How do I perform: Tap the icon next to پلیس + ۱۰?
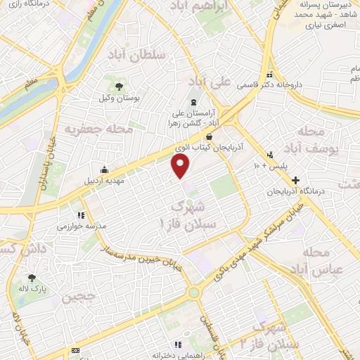tap(270, 155)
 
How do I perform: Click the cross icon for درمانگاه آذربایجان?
tap(295, 181)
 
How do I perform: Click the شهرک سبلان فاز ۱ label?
tap(190, 214)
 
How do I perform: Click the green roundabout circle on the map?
tap(193, 292)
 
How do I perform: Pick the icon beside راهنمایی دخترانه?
tap(177, 345)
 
